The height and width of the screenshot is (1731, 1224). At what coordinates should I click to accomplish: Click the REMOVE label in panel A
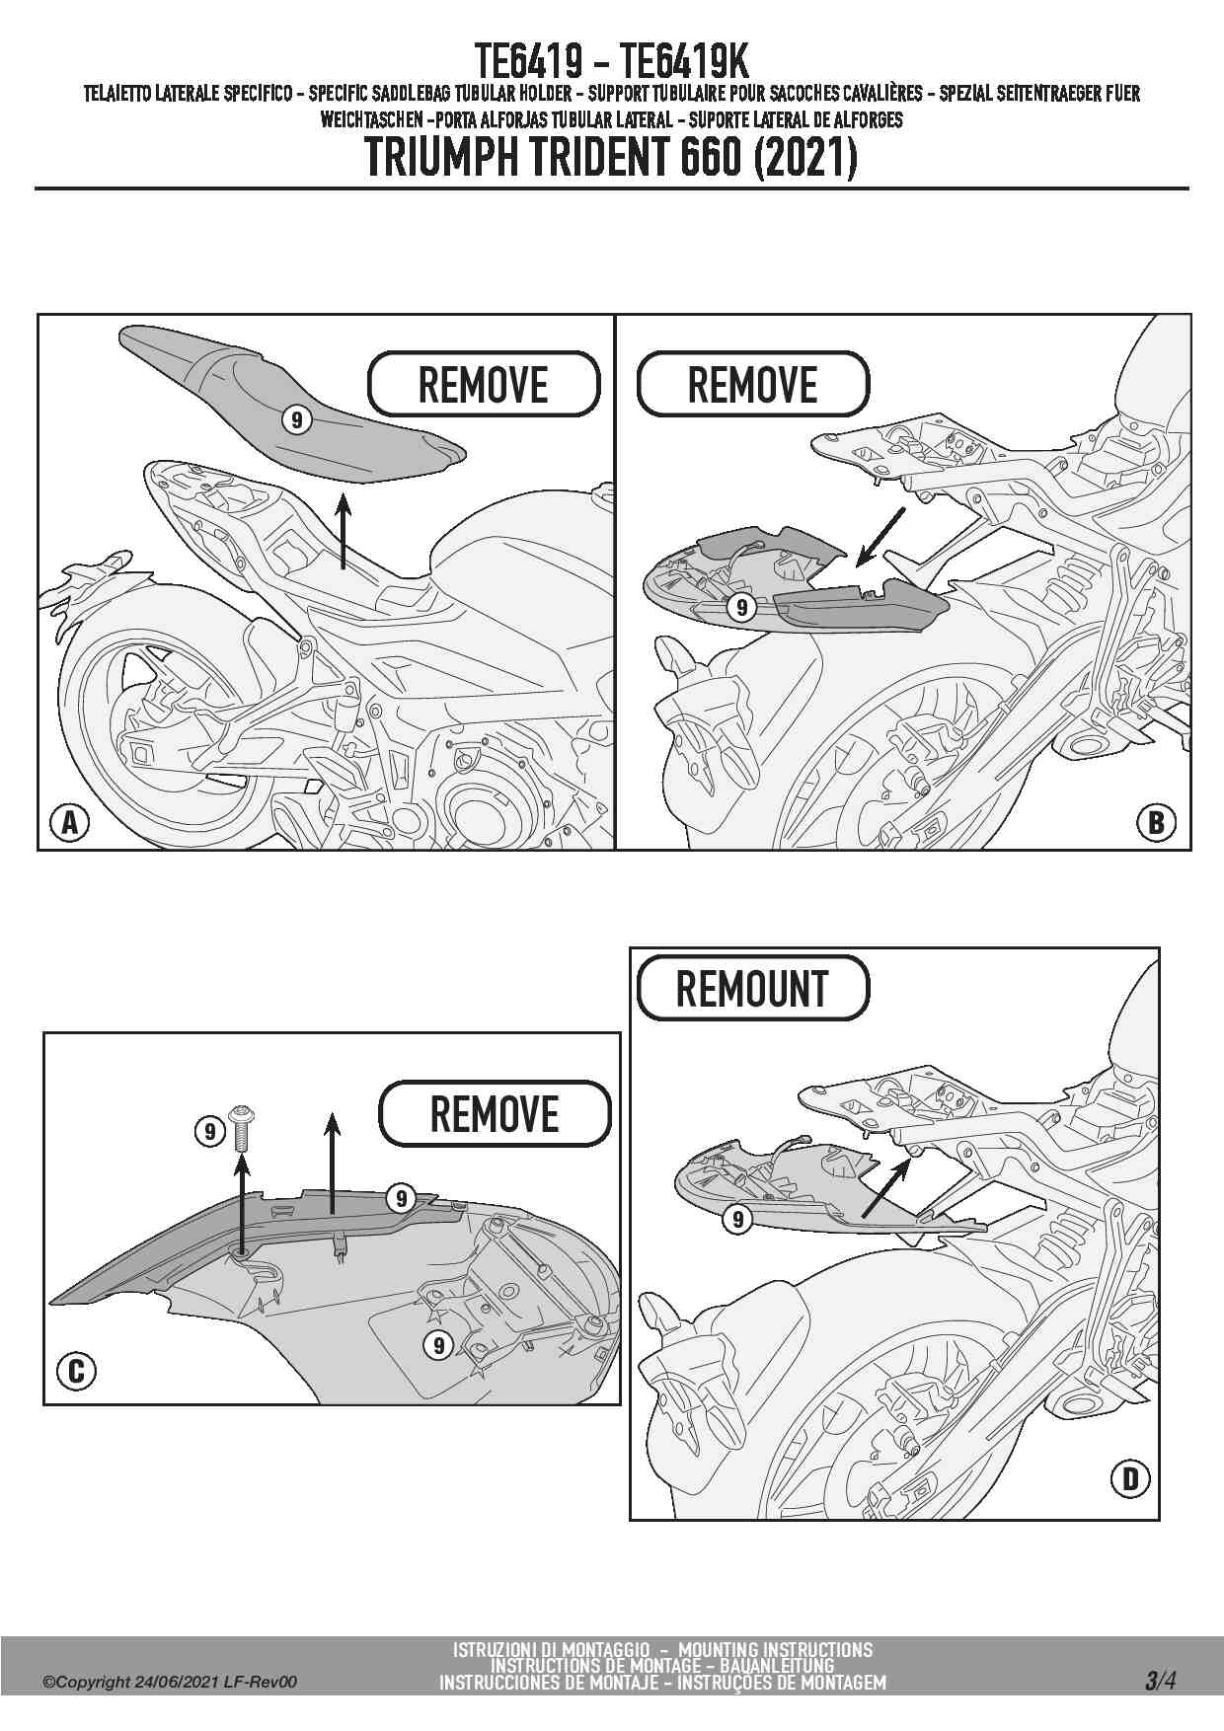[484, 384]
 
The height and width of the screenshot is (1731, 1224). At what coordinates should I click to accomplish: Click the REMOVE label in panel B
[753, 384]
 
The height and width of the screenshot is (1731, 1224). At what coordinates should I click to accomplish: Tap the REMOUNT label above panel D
[753, 988]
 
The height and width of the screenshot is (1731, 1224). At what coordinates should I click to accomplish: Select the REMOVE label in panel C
[495, 1114]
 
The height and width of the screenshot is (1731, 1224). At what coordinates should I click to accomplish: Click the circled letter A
[69, 822]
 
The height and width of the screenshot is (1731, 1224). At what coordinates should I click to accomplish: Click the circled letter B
[1157, 822]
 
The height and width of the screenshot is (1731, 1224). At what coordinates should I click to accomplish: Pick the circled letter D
[1130, 1478]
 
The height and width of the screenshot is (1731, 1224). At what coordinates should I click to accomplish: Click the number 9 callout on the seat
[296, 419]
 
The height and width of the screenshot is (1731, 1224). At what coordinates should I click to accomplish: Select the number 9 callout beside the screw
[209, 1130]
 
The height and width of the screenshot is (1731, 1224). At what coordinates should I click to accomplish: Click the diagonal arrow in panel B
[880, 538]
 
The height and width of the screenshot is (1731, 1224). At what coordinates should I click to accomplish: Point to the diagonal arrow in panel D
[886, 1189]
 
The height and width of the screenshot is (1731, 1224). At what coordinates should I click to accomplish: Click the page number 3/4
[1160, 1681]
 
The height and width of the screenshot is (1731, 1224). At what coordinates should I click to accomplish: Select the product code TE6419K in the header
[686, 62]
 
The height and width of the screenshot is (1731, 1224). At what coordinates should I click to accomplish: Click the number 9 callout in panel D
[737, 1220]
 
